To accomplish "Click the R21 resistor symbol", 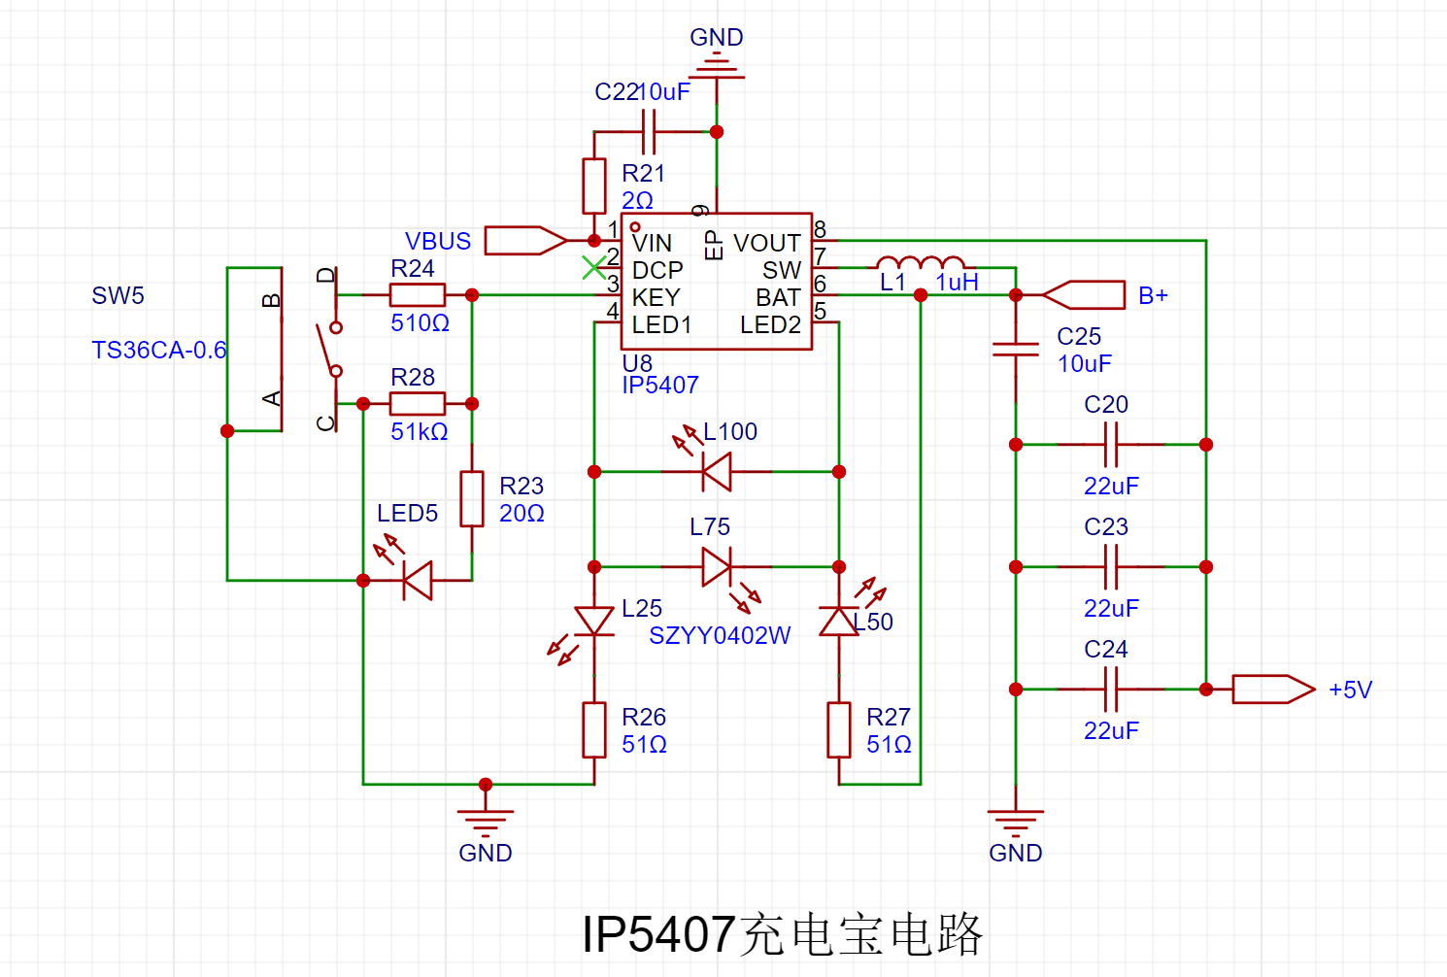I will (594, 185).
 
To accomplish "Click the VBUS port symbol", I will (524, 240).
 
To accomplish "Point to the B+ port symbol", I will (1084, 294).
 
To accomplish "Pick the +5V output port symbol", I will (1272, 689).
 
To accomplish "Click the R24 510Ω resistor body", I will (418, 294).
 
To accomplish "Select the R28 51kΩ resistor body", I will (418, 403).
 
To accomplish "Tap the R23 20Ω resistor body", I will (472, 498).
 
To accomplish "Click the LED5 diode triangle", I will (418, 580).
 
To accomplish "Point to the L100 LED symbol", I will (717, 471).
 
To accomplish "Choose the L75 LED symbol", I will (717, 566).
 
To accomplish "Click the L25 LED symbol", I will (594, 621).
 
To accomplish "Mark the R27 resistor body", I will (839, 729).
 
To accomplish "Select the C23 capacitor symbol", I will (1111, 566).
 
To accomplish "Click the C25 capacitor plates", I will (1016, 349).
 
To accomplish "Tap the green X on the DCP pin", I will (593, 267).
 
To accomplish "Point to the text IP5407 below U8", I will (660, 386).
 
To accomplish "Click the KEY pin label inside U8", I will (656, 297).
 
